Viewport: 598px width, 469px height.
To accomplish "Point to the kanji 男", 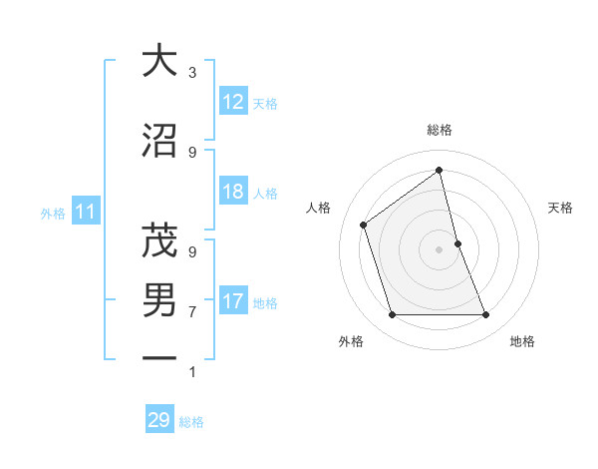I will (x=159, y=299).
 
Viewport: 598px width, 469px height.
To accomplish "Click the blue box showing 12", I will (x=233, y=102).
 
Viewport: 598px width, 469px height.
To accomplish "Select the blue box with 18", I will (x=233, y=192).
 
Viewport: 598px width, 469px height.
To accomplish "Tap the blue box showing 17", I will (x=233, y=301).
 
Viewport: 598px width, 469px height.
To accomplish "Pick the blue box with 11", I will (x=86, y=212).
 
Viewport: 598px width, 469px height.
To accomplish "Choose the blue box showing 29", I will (x=159, y=420).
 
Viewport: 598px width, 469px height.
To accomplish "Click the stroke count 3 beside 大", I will (x=192, y=73).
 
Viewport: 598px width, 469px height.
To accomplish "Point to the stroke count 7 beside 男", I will (x=192, y=312).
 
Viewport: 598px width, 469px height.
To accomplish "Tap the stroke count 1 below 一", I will (x=192, y=372).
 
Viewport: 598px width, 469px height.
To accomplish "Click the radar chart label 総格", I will (x=440, y=130).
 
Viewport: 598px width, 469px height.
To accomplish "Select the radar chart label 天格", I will (x=561, y=208).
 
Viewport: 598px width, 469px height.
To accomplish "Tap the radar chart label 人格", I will (x=319, y=208).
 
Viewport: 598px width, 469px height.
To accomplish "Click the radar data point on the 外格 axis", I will (x=392, y=315).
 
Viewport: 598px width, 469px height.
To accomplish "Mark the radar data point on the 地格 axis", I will (x=486, y=315).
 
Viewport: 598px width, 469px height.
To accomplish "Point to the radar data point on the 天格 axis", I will (x=457, y=242).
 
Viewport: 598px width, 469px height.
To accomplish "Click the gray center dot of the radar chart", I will (x=440, y=248).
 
